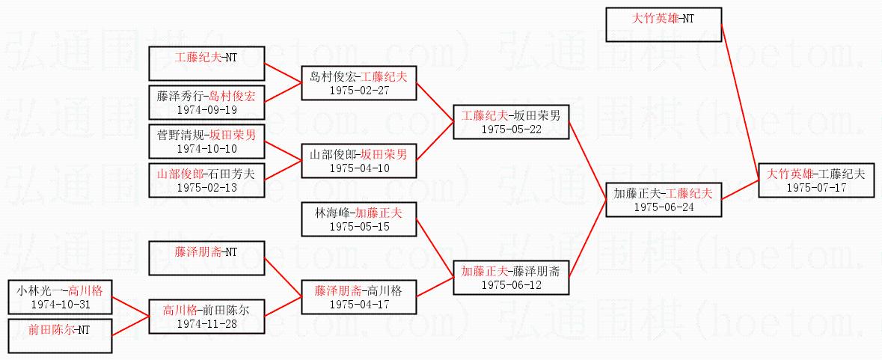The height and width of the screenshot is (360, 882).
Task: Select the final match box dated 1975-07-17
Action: pos(815,180)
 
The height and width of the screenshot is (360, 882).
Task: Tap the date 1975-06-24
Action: pos(664,207)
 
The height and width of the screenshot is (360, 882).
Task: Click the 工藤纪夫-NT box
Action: pos(206,64)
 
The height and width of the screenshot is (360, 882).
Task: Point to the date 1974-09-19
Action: pos(206,109)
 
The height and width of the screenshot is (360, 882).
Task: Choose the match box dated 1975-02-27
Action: pos(358,83)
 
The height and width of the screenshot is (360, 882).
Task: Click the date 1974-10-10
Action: pos(206,149)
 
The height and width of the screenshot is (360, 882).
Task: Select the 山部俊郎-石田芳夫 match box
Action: pos(206,180)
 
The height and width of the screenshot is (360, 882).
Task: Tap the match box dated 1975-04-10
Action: pos(358,161)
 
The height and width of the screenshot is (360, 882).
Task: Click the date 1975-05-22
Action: pos(511,129)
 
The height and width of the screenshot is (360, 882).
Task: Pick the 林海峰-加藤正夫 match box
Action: pos(358,219)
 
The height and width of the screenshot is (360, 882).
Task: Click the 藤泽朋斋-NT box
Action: pos(206,258)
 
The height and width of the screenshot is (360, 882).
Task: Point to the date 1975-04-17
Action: pos(358,305)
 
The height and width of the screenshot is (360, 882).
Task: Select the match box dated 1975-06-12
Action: pos(511,278)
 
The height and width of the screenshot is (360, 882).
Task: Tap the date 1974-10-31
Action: pos(60,305)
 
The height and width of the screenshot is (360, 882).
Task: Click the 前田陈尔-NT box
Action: pos(60,336)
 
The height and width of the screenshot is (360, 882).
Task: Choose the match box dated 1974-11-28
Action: pos(206,317)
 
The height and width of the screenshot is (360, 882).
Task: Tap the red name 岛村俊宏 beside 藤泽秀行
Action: pos(232,96)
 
